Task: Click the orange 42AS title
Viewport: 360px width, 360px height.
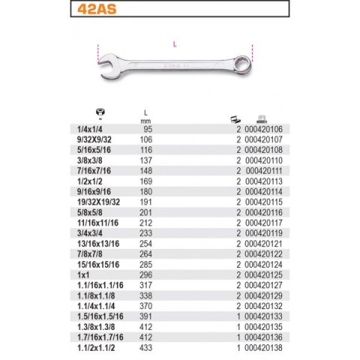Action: [x=97, y=9]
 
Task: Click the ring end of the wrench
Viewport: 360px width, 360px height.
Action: [x=243, y=64]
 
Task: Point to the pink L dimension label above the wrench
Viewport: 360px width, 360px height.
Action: [x=175, y=44]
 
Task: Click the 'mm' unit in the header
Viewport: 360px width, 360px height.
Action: [x=145, y=121]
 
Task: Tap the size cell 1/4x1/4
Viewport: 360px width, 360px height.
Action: [x=90, y=130]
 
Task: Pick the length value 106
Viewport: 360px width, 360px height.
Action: [x=146, y=139]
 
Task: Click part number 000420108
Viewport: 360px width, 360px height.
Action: [x=263, y=150]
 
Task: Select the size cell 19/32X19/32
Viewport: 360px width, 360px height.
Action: [x=98, y=202]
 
